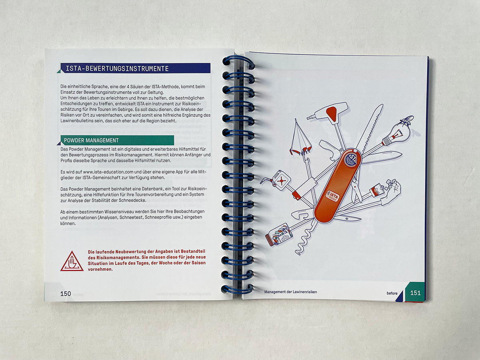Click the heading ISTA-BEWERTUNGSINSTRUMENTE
tap(117, 69)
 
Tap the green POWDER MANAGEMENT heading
tap(91, 140)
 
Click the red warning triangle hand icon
tap(72, 261)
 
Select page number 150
tap(66, 294)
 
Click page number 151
tap(415, 293)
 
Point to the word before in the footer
tap(392, 293)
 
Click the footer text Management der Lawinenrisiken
tap(290, 292)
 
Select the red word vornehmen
tap(100, 269)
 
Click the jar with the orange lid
tap(279, 234)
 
